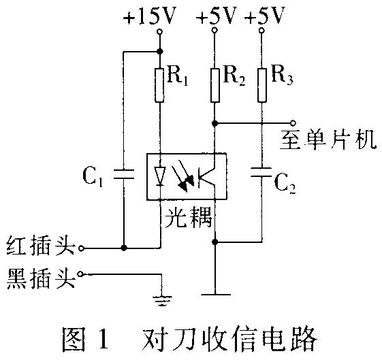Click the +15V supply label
click(x=149, y=16)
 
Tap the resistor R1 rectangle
click(x=159, y=85)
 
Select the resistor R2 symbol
click(x=215, y=85)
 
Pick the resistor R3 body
click(x=262, y=85)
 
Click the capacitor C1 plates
click(x=124, y=174)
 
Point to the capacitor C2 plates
click(x=261, y=172)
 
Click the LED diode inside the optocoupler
click(x=160, y=176)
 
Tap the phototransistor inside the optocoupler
click(x=206, y=176)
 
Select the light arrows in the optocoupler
click(x=182, y=176)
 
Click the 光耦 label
click(x=189, y=217)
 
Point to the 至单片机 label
click(x=328, y=140)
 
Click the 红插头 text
click(x=41, y=245)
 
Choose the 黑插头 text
click(x=41, y=278)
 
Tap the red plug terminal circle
click(x=81, y=248)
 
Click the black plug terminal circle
click(x=80, y=274)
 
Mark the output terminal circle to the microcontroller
click(x=293, y=122)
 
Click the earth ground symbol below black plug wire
click(x=162, y=301)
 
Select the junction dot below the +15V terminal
click(x=160, y=51)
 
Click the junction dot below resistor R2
click(x=215, y=123)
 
